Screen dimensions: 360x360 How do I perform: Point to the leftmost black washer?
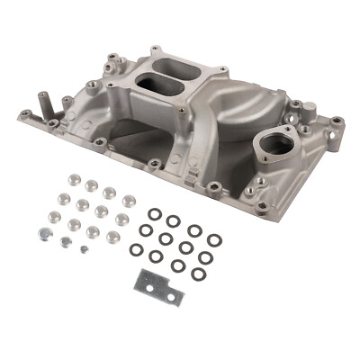click(x=135, y=249)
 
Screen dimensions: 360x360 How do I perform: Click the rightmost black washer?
click(x=214, y=240)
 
